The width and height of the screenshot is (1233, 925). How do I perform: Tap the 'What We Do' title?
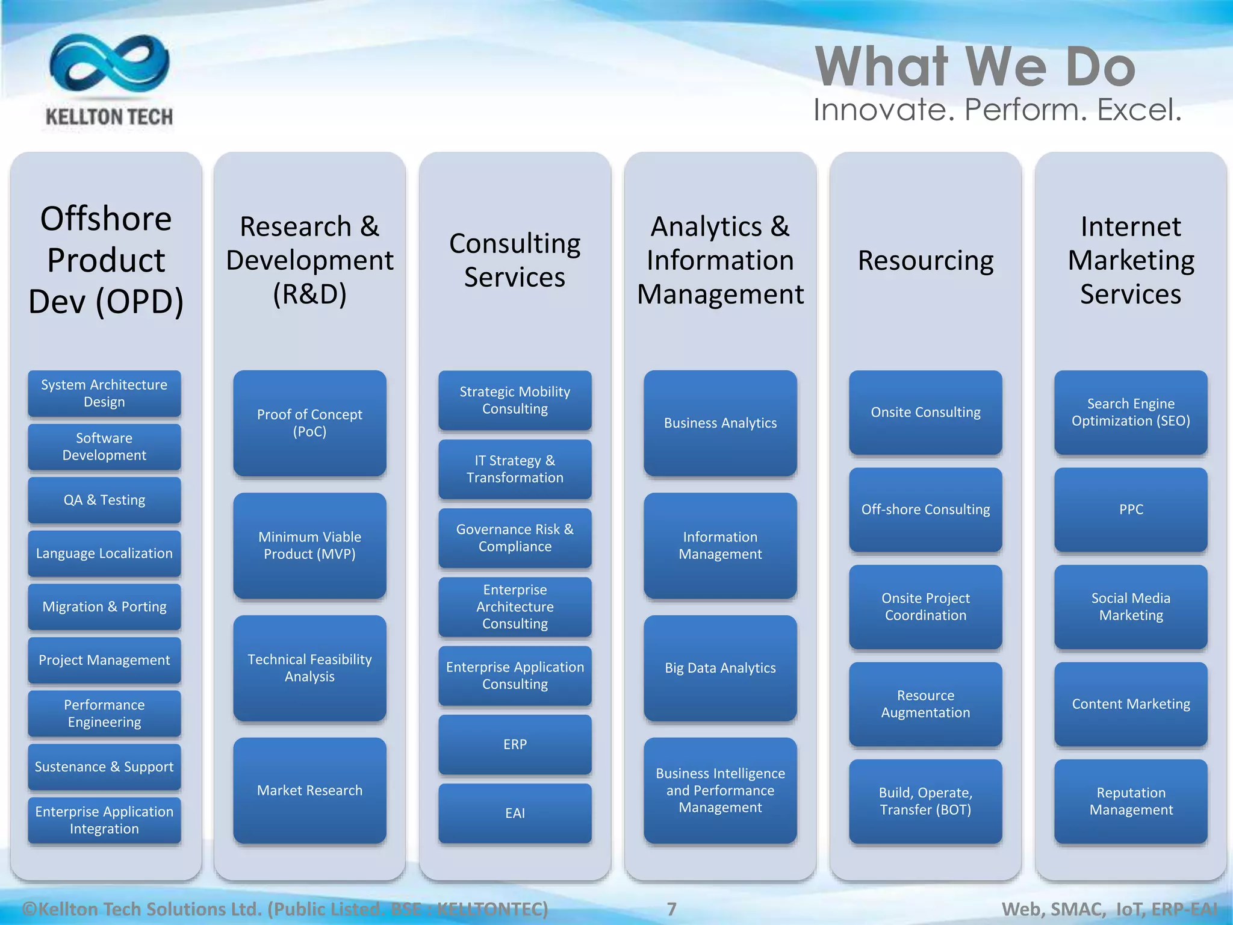click(975, 67)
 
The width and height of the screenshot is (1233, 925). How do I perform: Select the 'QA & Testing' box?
click(104, 500)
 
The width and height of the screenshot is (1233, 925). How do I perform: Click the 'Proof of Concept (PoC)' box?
click(309, 423)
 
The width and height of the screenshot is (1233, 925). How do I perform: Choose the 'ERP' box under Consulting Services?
click(515, 744)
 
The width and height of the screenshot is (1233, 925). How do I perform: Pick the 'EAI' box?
click(515, 813)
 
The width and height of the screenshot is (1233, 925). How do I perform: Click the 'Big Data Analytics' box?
click(720, 668)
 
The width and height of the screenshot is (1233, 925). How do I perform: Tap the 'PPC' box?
click(1131, 509)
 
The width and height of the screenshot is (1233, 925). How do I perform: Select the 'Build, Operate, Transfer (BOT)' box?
click(925, 801)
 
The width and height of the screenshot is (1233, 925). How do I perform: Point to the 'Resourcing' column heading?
click(925, 261)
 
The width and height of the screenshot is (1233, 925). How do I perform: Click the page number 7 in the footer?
click(671, 909)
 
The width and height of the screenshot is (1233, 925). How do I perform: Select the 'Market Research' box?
click(309, 790)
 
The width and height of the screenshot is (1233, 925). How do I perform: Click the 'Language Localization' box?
click(104, 553)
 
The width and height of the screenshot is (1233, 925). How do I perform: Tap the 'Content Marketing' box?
click(1131, 704)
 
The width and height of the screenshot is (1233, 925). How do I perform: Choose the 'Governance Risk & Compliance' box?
click(515, 538)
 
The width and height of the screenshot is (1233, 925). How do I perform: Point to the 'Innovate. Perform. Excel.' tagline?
click(997, 110)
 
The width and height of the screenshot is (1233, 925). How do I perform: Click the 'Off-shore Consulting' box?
click(925, 509)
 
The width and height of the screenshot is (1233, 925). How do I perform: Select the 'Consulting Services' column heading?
click(515, 260)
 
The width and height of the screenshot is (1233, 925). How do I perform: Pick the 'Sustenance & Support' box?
click(104, 767)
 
